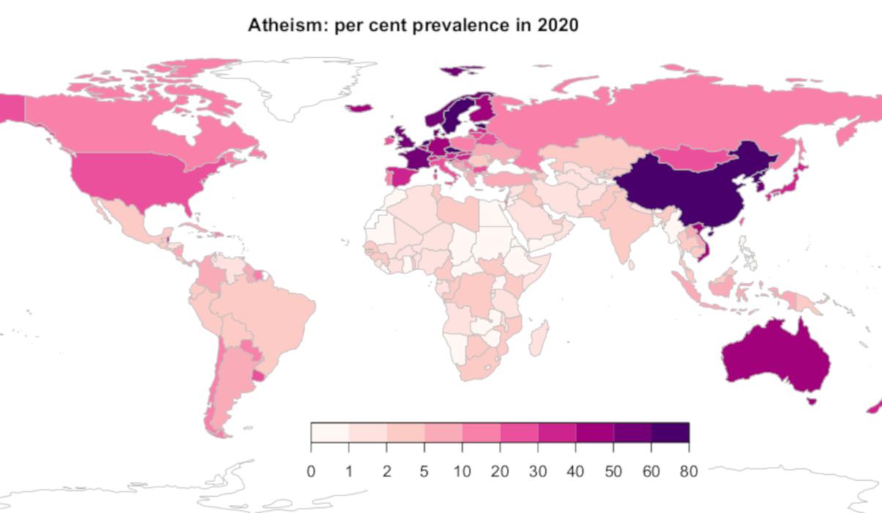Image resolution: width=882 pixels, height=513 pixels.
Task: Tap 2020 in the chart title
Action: pos(557,25)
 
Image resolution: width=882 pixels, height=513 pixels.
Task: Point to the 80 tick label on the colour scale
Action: pos(689,470)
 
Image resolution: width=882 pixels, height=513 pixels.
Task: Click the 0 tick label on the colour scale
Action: pos(311,470)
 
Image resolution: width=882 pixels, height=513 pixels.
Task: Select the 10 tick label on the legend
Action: pos(462,470)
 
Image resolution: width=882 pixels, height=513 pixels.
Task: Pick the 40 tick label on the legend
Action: pos(576,470)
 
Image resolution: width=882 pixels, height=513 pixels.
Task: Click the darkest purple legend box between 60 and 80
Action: pos(670,432)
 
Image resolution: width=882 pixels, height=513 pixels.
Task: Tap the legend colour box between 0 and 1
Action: pos(330,432)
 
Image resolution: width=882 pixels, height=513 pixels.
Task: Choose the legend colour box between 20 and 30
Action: pos(519,432)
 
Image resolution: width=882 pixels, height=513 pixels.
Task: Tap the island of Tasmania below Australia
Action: pos(811,401)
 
